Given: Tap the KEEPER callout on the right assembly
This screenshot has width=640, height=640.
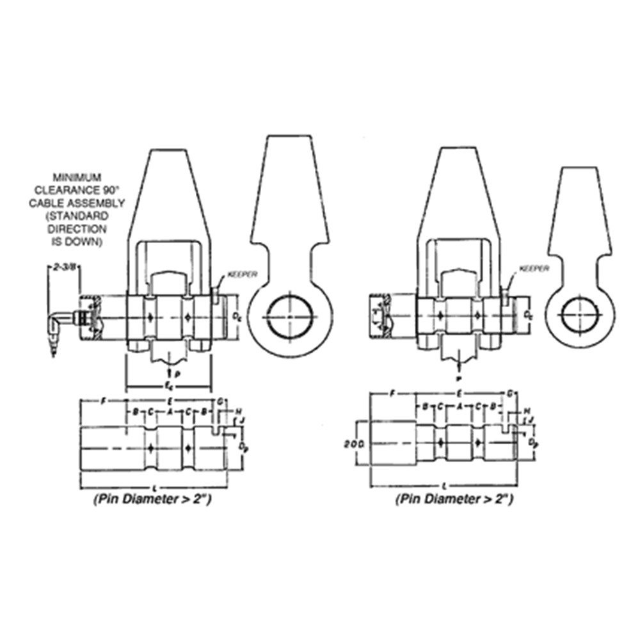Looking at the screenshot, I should point(534,269).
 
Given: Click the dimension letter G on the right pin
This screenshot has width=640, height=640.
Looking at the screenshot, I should point(510,392).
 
